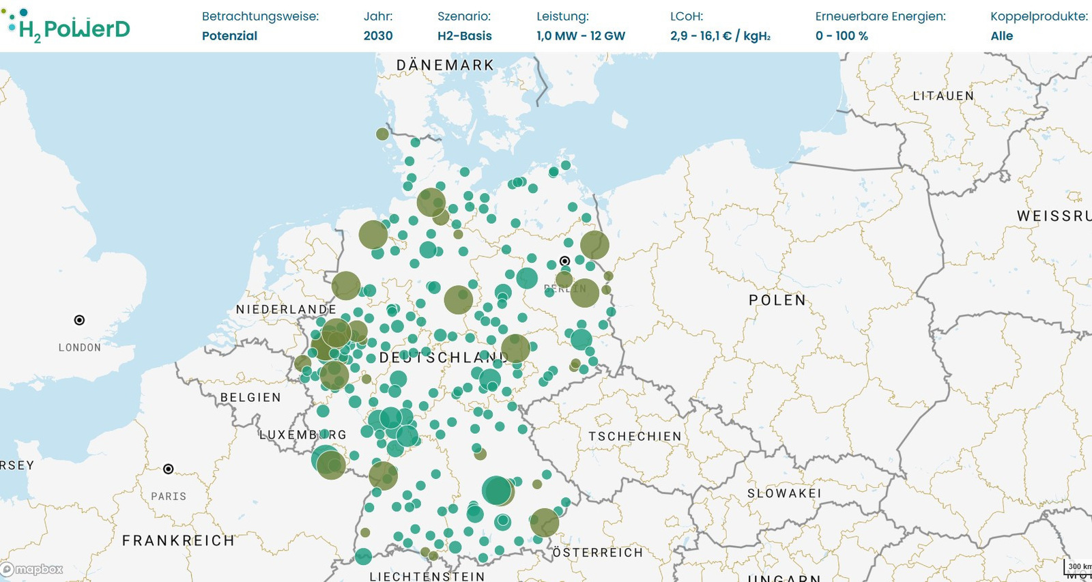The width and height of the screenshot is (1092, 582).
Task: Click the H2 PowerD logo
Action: click(68, 26)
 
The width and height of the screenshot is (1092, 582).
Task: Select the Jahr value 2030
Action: click(378, 36)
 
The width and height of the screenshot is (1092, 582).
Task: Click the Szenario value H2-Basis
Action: click(464, 36)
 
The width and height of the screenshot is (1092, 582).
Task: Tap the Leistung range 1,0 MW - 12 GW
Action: click(580, 36)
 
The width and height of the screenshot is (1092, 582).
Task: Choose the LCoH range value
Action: click(720, 36)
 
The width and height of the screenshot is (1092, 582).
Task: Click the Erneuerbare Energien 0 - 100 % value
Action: click(842, 36)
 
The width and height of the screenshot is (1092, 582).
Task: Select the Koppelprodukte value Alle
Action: click(1001, 36)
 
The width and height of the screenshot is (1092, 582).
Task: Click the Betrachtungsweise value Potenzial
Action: click(229, 36)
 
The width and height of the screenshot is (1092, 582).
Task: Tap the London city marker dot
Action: click(79, 320)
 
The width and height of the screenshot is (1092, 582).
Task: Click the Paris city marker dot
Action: click(169, 469)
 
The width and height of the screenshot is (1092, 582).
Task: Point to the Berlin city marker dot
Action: click(564, 261)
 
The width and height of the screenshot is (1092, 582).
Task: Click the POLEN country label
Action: click(777, 300)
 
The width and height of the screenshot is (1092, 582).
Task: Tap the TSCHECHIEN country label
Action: click(635, 437)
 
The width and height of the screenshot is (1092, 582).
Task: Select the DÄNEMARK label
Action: click(445, 66)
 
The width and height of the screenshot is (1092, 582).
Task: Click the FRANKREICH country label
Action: click(178, 541)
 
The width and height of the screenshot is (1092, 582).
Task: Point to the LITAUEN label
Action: click(943, 96)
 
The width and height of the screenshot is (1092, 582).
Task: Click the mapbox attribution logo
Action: click(32, 569)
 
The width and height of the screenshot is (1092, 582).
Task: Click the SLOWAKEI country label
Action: click(784, 493)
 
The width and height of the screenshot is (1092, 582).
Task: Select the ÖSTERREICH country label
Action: click(598, 553)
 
